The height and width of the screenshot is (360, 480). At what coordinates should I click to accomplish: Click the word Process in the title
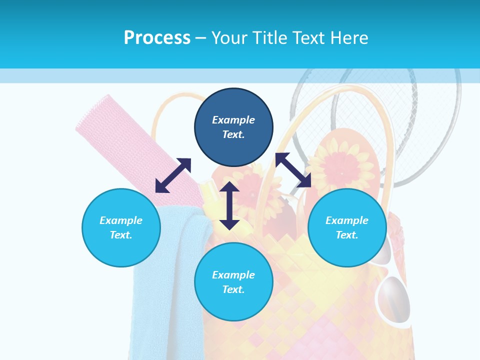157,38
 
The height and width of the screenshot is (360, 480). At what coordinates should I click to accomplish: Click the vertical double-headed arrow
229,205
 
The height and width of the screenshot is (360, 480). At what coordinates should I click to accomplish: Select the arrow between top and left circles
173,175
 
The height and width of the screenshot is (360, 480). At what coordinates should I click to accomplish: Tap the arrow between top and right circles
293,170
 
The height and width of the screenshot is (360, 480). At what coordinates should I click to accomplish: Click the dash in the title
200,38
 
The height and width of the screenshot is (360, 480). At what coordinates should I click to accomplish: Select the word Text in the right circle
347,235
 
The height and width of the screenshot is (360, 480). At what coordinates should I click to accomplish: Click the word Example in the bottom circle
233,275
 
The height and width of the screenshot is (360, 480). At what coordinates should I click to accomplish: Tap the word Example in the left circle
121,220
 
